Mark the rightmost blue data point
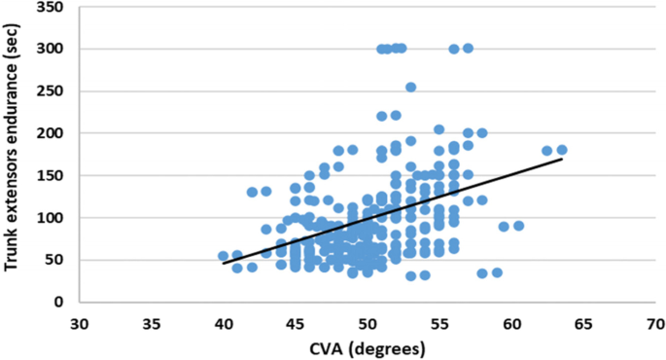562,150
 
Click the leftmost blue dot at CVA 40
223,256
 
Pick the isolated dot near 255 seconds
410,88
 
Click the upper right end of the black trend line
562,159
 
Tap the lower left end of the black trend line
224,264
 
